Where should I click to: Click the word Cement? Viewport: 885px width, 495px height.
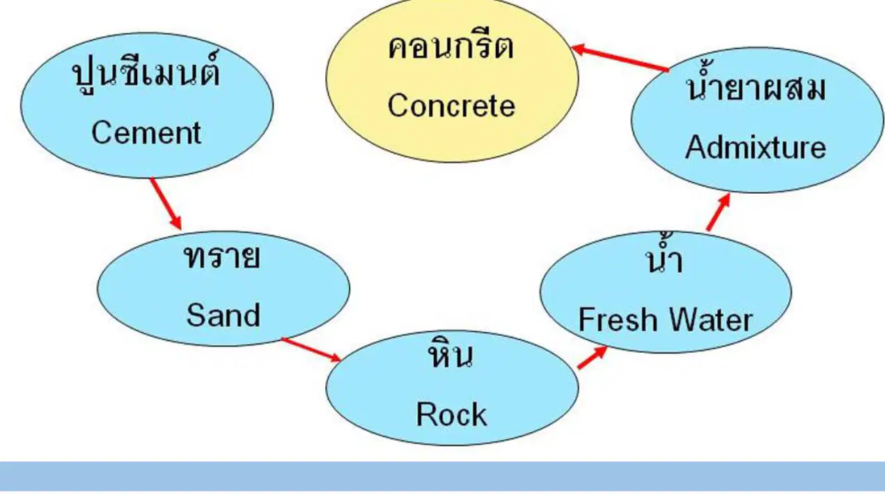[146, 133]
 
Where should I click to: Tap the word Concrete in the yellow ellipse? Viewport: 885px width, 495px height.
[452, 106]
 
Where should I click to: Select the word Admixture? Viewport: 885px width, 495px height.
[755, 147]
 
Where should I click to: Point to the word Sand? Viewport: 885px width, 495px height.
[224, 315]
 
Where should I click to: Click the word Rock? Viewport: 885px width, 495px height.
[452, 414]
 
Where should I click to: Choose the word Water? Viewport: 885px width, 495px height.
[710, 319]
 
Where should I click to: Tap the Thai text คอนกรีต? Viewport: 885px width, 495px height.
[451, 47]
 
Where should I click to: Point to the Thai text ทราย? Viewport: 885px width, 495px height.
[222, 257]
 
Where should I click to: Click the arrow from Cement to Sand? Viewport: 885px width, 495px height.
[166, 204]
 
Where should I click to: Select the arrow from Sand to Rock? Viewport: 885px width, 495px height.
[311, 350]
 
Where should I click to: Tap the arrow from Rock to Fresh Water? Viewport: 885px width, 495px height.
[593, 357]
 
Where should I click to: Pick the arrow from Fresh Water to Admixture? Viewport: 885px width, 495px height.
[718, 212]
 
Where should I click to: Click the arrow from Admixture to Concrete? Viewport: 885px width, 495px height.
[620, 58]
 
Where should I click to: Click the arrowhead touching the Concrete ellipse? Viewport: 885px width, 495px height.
[578, 49]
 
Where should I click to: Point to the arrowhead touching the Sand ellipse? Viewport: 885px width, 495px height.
[176, 223]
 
